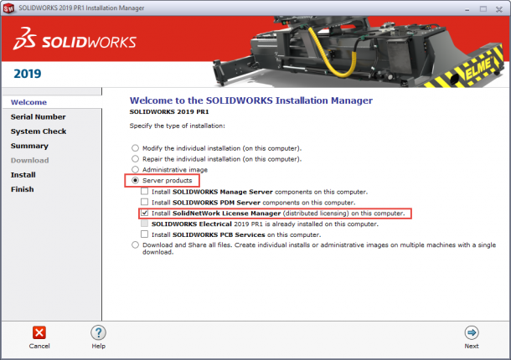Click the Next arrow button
tap(472, 332)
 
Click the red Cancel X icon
tap(39, 332)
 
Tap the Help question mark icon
tap(98, 332)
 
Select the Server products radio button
tap(134, 181)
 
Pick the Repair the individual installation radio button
tap(134, 158)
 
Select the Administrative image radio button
tap(134, 169)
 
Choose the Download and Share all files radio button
tap(134, 245)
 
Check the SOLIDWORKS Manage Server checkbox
tap(145, 192)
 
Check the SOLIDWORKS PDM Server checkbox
tap(145, 203)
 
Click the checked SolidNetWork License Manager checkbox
tap(145, 213)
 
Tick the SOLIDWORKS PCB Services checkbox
tap(145, 234)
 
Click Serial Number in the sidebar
tap(38, 117)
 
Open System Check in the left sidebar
tap(39, 131)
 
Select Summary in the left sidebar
tap(29, 146)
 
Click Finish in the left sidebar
tap(23, 189)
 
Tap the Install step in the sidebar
tap(23, 175)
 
